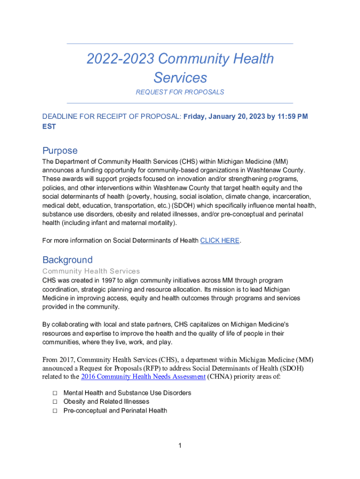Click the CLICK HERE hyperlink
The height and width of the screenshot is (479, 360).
coord(220,241)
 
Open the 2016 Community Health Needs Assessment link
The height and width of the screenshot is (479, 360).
coord(143,377)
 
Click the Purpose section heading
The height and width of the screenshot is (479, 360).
coord(60,151)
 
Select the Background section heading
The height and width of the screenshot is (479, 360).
coord(67,260)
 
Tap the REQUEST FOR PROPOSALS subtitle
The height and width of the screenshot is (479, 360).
coord(180,92)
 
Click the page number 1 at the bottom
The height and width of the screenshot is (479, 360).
coord(180,445)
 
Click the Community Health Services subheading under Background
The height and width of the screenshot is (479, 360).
coord(91,271)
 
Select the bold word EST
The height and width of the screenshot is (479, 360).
coord(49,126)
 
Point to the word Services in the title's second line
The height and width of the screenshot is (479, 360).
coord(180,77)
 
